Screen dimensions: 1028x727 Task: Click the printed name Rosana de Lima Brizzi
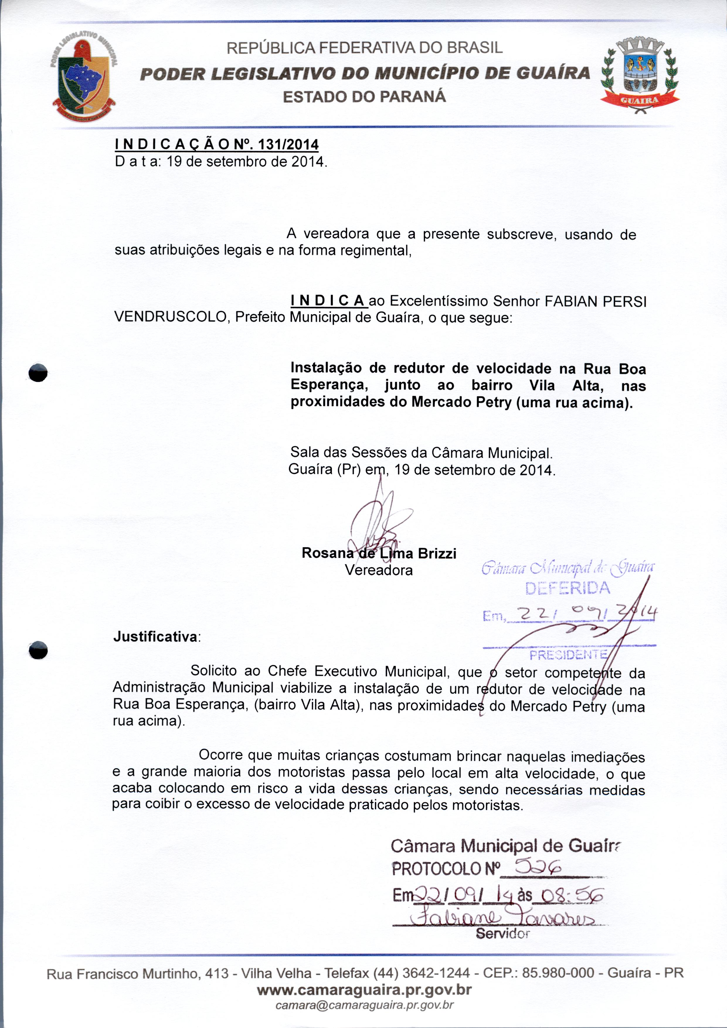pyautogui.click(x=379, y=553)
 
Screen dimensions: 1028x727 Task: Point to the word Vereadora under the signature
pyautogui.click(x=379, y=570)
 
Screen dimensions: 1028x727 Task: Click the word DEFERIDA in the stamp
pyautogui.click(x=568, y=588)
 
